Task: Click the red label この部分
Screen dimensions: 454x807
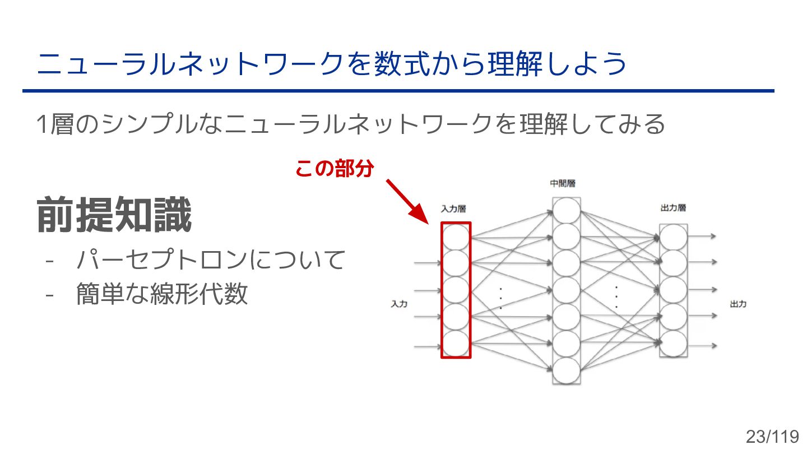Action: tap(334, 168)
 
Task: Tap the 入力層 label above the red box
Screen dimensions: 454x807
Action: tap(453, 209)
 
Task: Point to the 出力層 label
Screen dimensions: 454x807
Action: tap(673, 208)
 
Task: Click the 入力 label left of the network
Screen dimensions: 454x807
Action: tap(398, 304)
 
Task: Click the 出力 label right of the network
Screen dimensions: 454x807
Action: tap(738, 304)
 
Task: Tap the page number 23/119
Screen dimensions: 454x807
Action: tap(771, 436)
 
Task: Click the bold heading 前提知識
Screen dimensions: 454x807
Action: tap(114, 215)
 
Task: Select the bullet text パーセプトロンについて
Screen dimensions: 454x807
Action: tap(210, 260)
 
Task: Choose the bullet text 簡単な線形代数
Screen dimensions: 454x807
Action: tap(162, 294)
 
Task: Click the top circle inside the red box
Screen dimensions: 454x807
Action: tap(456, 236)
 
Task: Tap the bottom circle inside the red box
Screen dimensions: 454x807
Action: tap(456, 344)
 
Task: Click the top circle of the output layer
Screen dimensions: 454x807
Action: tap(673, 237)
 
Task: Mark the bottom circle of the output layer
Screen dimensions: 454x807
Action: tap(673, 344)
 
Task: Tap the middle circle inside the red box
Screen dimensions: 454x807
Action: tap(456, 290)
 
